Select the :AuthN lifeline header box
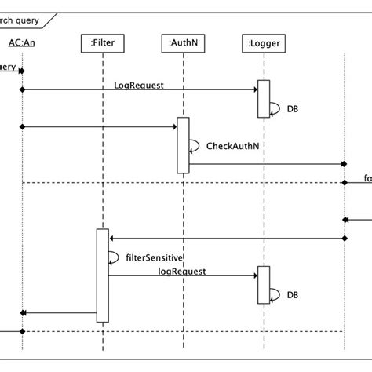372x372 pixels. coord(183,43)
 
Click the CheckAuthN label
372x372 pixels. coord(228,146)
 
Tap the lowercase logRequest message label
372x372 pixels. coord(181,270)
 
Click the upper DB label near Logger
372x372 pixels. coord(292,110)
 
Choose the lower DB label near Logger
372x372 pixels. coord(292,295)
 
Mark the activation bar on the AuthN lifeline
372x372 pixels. coord(183,144)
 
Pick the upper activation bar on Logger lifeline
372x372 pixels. coord(264,98)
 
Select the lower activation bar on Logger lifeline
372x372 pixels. coord(264,284)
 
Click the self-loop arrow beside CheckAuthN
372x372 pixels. coord(193,145)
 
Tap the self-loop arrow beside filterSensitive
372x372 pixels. coord(113,257)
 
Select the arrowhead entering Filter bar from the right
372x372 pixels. coord(112,238)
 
